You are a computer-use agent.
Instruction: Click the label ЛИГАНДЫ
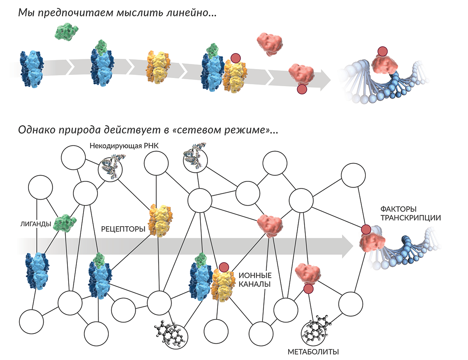[35, 224]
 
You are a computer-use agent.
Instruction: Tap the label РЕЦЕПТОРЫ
[123, 229]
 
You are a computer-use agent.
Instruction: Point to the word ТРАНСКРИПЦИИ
[411, 218]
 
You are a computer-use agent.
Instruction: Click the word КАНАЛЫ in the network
[255, 284]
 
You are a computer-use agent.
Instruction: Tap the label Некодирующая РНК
[124, 146]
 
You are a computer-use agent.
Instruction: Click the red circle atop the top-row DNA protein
[383, 51]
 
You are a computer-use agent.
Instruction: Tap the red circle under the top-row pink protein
[302, 89]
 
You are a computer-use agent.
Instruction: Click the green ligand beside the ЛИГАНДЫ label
[65, 223]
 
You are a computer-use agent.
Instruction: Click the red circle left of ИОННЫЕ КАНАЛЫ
[224, 267]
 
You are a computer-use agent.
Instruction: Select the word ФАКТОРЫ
[395, 209]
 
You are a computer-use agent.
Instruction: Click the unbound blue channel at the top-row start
[32, 69]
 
